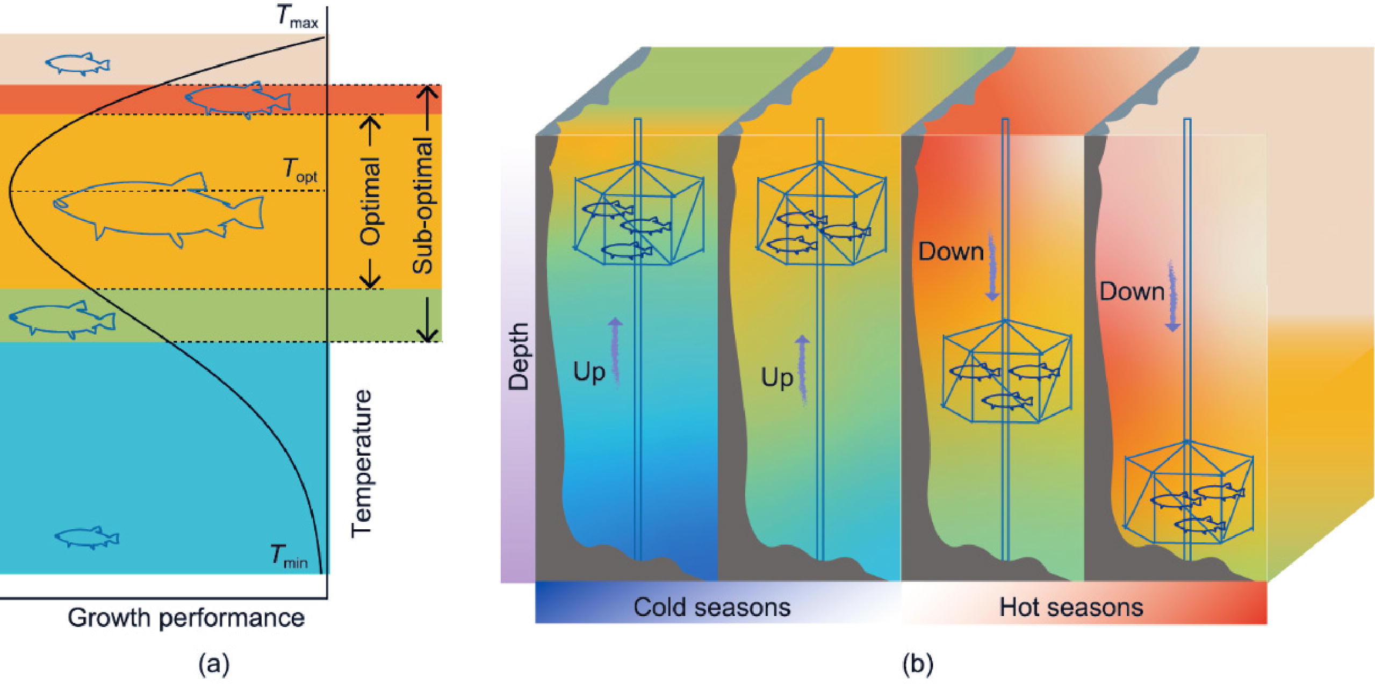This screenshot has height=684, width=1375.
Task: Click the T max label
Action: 297,18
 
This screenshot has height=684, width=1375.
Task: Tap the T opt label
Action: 299,171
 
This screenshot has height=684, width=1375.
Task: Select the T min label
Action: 289,557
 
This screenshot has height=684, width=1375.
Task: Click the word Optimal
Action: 370,201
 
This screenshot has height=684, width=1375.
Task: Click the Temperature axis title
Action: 361,464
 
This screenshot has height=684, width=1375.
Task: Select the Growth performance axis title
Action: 186,618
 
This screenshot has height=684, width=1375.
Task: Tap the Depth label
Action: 519,356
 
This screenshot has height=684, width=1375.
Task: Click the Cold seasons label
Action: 711,608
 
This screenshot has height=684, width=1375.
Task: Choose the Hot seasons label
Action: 1071,608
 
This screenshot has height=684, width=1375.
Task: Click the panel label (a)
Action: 214,664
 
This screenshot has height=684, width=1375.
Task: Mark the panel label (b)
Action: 918,664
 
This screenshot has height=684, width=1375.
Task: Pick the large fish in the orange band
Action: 159,210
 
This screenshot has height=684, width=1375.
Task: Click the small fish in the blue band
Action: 87,537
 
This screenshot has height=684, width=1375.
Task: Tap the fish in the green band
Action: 62,319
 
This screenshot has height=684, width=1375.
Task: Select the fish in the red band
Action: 237,99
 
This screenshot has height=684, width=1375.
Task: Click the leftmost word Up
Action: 589,372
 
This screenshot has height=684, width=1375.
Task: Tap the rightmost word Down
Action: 1132,292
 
